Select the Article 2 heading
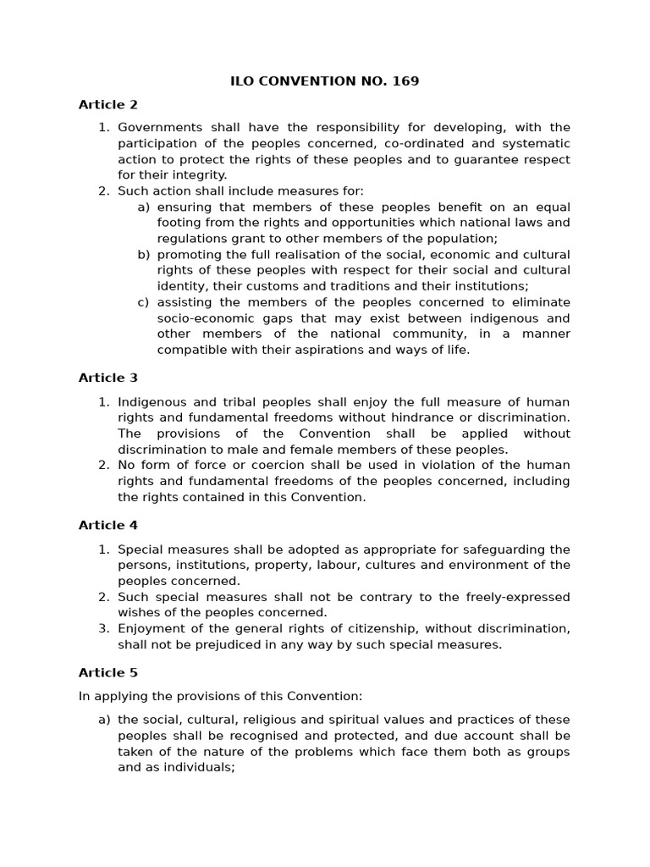107,105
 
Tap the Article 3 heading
107,378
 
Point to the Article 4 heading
107,525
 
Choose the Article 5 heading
107,672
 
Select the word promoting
188,255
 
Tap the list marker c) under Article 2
144,302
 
